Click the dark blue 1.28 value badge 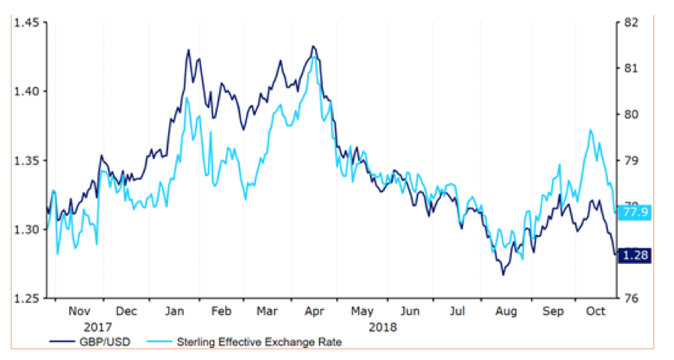coord(633,255)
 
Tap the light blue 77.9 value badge coord(633,212)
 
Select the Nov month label coord(79,311)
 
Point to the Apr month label coord(315,311)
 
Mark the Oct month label coord(595,311)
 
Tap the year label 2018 coord(384,327)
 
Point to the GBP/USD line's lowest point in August coord(503,274)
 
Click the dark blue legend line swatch coord(59,343)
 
